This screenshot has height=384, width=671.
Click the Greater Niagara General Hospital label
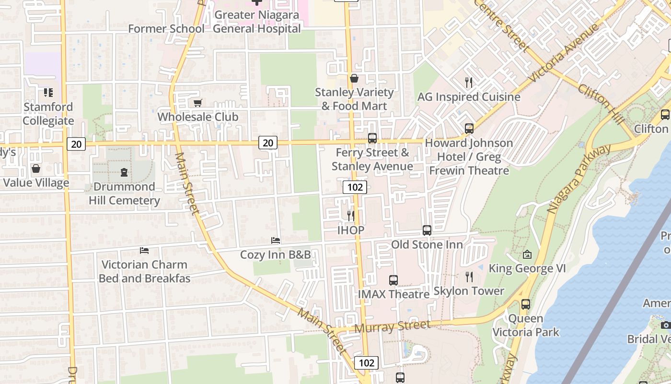tap(257, 22)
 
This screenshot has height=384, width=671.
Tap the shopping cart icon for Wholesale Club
tap(197, 102)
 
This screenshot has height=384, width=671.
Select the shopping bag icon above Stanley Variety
tap(354, 78)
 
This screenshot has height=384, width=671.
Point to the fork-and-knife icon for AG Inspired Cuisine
tap(469, 83)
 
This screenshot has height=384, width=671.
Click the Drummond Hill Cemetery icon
tap(124, 172)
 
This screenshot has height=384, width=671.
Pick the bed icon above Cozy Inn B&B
tap(275, 240)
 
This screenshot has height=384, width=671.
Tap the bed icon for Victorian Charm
tap(144, 250)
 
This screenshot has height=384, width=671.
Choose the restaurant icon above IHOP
tap(351, 216)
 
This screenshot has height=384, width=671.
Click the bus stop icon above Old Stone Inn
tap(427, 230)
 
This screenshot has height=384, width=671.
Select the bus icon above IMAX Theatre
tap(393, 280)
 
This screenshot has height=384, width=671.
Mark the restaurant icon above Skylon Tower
tap(469, 276)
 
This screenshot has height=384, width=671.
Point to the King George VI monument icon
tap(527, 254)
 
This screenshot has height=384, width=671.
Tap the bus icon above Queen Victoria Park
tap(526, 304)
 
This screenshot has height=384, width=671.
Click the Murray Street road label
tap(393, 327)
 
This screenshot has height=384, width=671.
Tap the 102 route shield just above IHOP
tap(355, 187)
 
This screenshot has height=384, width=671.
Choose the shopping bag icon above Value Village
tap(36, 168)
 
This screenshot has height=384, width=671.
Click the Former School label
tap(166, 29)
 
